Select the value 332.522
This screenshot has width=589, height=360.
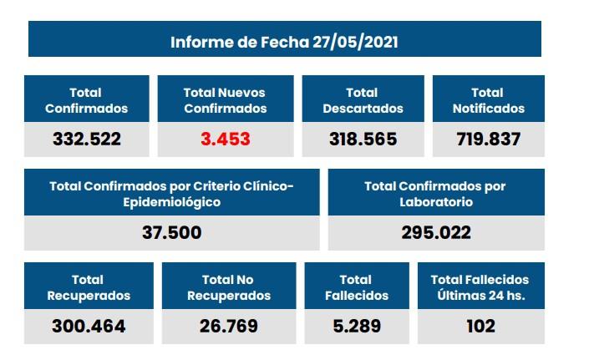tap(87, 139)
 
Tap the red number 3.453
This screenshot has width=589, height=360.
tap(225, 139)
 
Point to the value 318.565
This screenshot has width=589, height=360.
tap(363, 139)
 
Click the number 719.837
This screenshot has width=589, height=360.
tap(489, 139)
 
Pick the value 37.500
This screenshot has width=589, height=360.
tap(171, 233)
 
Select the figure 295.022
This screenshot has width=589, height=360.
tap(435, 233)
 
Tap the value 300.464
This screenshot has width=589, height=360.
tap(88, 326)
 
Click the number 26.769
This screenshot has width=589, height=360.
tap(228, 326)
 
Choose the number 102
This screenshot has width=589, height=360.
tap(480, 326)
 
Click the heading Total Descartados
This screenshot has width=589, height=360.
tap(363, 100)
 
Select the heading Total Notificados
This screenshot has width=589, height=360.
tap(489, 100)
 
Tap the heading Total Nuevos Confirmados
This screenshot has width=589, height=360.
tap(225, 100)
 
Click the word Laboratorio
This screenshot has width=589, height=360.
tap(435, 201)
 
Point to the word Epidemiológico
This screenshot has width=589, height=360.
tap(171, 202)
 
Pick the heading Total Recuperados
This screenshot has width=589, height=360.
tap(88, 287)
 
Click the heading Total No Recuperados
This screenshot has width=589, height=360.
tap(228, 287)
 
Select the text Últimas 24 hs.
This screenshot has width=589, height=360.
tap(480, 296)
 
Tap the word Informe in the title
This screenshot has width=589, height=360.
tap(200, 42)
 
